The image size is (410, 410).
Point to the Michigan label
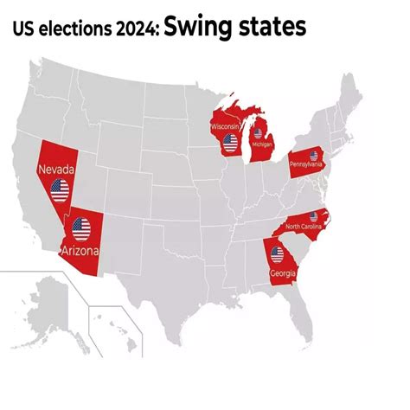(260, 157)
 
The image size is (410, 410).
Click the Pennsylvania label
(306, 163)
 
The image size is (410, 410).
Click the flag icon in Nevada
(60, 190)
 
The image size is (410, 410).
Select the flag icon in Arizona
(81, 229)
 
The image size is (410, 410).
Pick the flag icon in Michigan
(258, 135)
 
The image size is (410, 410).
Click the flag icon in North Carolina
(313, 215)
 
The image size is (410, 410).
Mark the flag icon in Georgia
(277, 254)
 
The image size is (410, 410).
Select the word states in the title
(267, 28)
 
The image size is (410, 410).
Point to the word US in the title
(25, 30)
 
